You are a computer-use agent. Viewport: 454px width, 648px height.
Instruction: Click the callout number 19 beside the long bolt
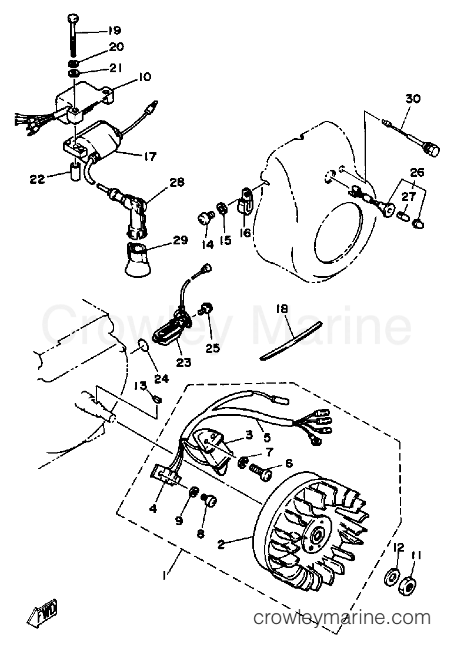(113, 31)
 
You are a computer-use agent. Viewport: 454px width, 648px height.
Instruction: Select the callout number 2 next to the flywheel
(221, 543)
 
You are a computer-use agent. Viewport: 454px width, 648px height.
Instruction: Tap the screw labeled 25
(206, 308)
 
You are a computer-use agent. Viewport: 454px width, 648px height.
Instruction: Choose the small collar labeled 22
(74, 173)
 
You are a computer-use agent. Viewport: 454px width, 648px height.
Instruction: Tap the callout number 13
(141, 385)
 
